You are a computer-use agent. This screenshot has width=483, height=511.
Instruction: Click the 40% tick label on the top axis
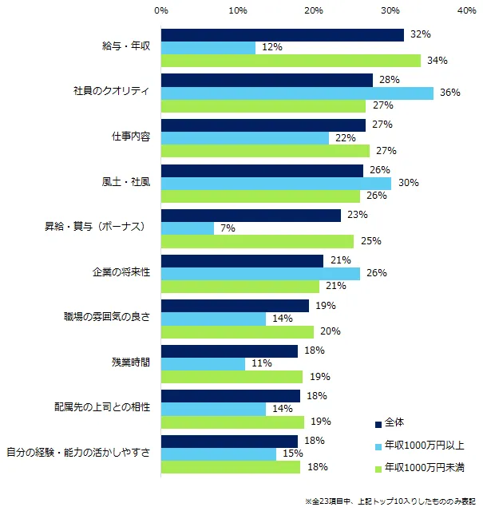[466, 11]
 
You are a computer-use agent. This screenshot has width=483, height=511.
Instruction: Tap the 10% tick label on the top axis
[237, 11]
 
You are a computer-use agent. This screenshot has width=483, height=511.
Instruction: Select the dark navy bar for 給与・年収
[282, 35]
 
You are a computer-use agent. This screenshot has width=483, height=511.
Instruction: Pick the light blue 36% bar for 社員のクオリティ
[297, 93]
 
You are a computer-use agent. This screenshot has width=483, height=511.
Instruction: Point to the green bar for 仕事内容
[265, 151]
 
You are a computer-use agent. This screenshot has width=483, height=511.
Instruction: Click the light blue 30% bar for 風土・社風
[275, 183]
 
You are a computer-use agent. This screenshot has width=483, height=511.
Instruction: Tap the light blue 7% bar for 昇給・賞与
[187, 228]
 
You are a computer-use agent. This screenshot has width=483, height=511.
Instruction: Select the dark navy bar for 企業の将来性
[242, 260]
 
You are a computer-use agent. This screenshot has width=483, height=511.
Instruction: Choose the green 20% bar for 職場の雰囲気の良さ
[237, 331]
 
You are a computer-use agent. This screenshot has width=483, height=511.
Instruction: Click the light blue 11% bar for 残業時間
[203, 363]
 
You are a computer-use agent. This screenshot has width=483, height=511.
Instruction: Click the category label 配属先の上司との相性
[108, 409]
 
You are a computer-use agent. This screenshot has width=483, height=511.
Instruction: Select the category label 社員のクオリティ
[107, 93]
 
